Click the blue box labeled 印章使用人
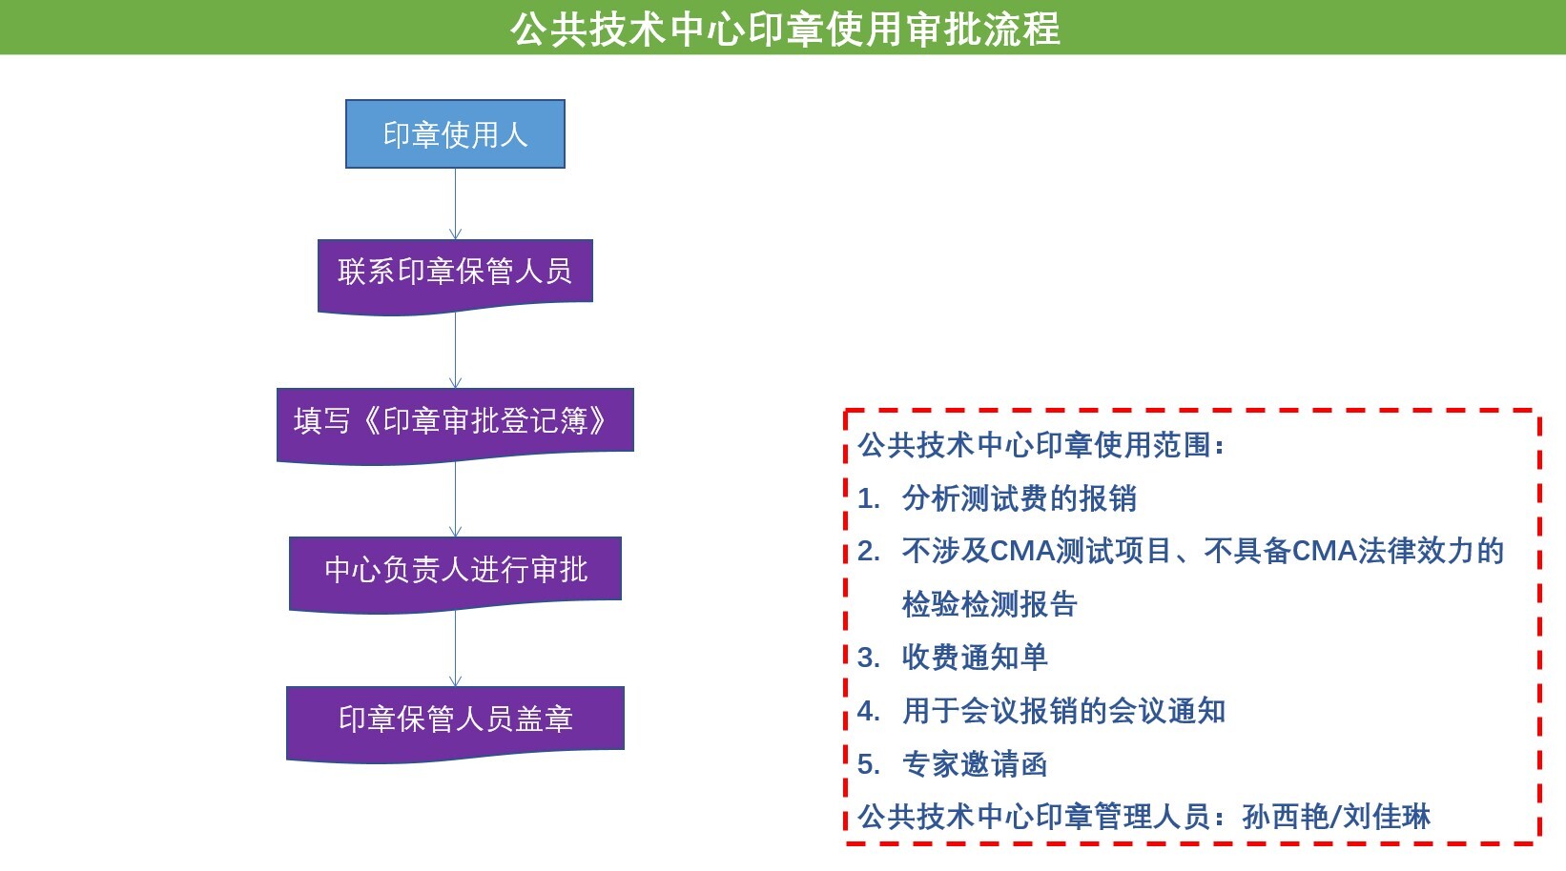[x=455, y=134]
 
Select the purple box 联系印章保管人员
[x=455, y=276]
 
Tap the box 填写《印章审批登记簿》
[x=455, y=426]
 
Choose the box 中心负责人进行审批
[x=455, y=575]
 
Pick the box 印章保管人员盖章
[x=455, y=724]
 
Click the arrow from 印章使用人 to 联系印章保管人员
[x=455, y=204]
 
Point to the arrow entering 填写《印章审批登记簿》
[x=455, y=351]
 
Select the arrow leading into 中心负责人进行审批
[x=455, y=499]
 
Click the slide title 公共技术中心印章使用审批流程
[x=784, y=30]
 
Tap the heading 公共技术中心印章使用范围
[x=1035, y=445]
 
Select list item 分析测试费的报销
[x=1020, y=498]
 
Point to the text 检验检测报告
[x=989, y=604]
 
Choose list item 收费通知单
[x=975, y=658]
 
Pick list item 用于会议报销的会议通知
[x=1063, y=710]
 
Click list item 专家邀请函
[x=975, y=763]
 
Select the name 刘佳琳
[x=1387, y=817]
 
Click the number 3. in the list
[x=868, y=658]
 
